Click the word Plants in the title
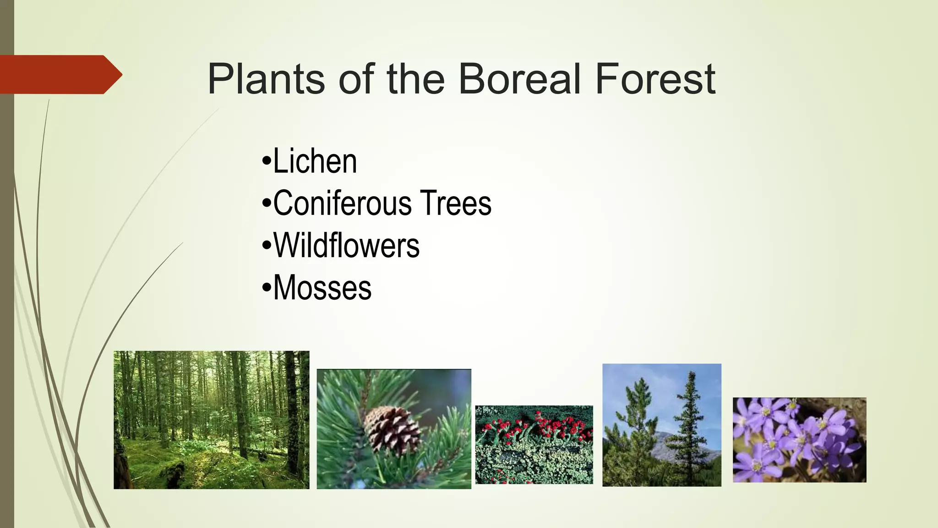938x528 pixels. click(x=266, y=79)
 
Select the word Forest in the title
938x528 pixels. click(x=655, y=79)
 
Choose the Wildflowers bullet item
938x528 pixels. click(x=346, y=246)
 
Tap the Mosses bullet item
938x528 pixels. click(x=322, y=288)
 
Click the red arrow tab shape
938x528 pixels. click(x=60, y=74)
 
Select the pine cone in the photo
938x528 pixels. click(x=393, y=430)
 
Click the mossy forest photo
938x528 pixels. click(x=211, y=420)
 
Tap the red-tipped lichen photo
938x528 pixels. click(x=534, y=445)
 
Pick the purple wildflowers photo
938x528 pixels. click(x=799, y=440)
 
